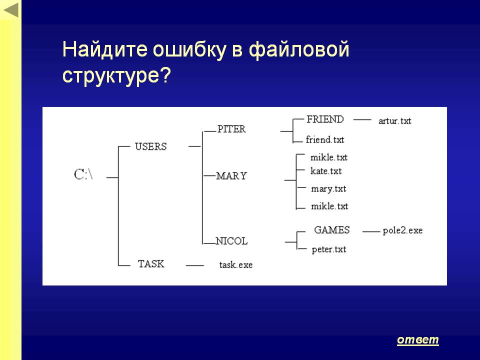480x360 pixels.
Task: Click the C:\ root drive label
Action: (83, 174)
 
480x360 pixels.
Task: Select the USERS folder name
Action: (151, 146)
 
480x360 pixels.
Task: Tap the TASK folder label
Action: (151, 264)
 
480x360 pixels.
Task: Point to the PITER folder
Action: (231, 129)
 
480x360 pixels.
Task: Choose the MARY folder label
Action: (231, 176)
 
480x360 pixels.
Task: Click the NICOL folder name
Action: (231, 241)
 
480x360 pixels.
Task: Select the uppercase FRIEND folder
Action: (325, 119)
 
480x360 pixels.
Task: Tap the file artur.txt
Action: (395, 121)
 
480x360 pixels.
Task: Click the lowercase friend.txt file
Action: (325, 139)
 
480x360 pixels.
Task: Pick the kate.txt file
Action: (326, 171)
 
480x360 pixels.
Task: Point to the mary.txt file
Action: (328, 189)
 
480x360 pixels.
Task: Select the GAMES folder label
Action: (332, 230)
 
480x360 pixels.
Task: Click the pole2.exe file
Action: (402, 230)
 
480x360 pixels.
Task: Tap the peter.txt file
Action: (329, 249)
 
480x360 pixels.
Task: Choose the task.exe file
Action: (236, 265)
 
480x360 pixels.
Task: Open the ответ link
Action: (418, 340)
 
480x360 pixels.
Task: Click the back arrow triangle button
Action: (10, 10)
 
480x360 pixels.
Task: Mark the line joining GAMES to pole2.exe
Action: (371, 231)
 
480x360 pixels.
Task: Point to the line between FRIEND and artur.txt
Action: (362, 119)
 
